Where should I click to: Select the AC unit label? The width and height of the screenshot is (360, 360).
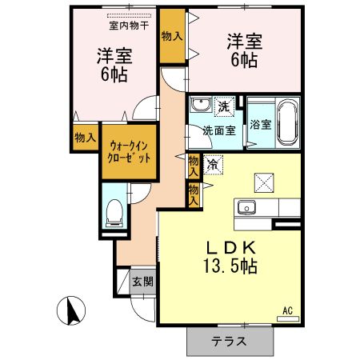(x=286, y=310)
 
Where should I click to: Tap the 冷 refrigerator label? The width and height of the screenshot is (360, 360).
(x=213, y=163)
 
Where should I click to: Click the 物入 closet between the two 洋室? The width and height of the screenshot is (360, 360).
(x=171, y=36)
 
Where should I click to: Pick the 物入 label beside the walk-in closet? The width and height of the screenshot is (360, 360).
(x=85, y=138)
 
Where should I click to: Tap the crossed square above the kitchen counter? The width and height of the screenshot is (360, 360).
(x=262, y=182)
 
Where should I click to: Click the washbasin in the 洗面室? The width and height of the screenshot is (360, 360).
(x=200, y=104)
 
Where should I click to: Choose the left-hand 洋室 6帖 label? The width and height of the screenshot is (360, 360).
(x=114, y=64)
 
